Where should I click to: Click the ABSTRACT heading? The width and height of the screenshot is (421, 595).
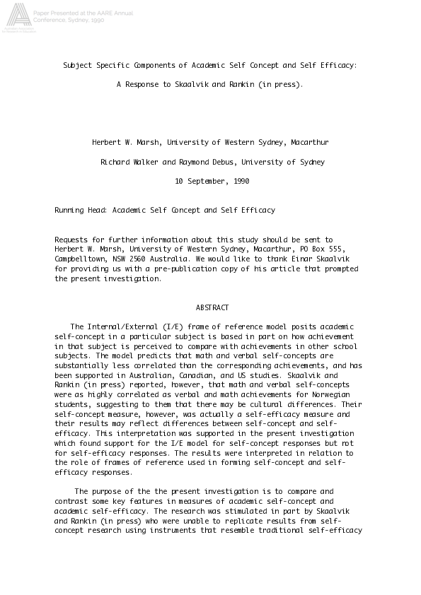point(212,308)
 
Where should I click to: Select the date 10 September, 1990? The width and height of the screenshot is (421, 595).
point(212,181)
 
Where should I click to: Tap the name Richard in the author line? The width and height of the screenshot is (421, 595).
point(116,162)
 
